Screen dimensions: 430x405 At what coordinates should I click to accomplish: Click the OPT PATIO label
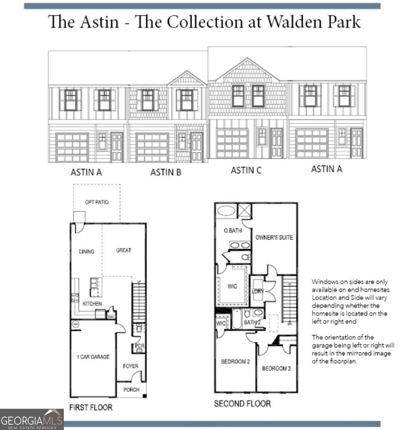[97, 202]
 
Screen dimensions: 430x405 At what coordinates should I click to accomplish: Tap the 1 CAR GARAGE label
[93, 357]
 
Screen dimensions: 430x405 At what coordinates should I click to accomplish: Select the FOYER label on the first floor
[130, 366]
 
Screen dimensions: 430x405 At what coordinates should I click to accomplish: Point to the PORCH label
[131, 390]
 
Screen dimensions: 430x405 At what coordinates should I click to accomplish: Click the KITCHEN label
[92, 304]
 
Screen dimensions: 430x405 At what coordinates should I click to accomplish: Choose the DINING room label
[86, 251]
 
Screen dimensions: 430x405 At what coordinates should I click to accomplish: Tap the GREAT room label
[124, 250]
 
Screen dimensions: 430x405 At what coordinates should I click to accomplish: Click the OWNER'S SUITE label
[274, 237]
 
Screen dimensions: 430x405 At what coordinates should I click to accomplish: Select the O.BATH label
[233, 231]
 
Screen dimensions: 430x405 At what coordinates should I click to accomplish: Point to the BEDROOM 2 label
[235, 362]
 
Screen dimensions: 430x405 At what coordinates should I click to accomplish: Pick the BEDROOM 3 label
[276, 368]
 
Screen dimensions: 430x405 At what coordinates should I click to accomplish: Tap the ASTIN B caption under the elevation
[166, 172]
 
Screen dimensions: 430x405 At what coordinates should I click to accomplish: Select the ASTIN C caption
[246, 170]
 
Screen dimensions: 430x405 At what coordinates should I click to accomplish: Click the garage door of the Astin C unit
[232, 143]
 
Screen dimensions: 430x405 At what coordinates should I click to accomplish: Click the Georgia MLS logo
[32, 420]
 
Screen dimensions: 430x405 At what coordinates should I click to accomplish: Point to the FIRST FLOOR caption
[91, 407]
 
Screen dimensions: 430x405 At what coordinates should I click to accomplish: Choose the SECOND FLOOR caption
[242, 403]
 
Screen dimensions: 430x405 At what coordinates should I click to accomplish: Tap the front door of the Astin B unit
[197, 147]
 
